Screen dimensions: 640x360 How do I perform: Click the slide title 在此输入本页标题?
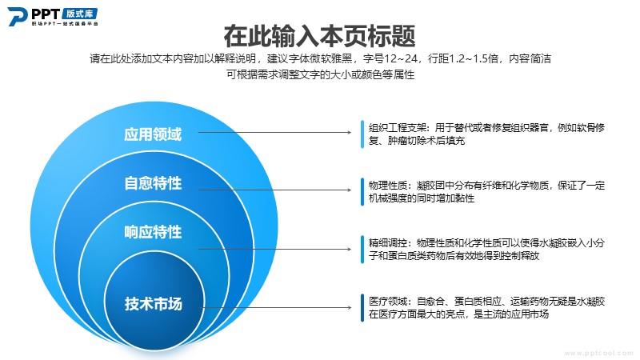click(x=319, y=36)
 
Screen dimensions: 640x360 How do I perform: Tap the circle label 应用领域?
click(x=153, y=134)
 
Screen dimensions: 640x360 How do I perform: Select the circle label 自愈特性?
click(x=153, y=183)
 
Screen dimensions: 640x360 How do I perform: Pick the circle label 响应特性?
click(x=153, y=232)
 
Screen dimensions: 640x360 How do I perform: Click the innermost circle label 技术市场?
click(x=153, y=304)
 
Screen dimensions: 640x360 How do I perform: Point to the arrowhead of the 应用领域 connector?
click(x=349, y=132)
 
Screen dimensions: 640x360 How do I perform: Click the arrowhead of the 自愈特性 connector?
click(x=349, y=190)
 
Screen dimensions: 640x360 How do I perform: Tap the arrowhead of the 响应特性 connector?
click(x=349, y=249)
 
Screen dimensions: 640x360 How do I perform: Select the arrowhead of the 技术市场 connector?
click(x=349, y=307)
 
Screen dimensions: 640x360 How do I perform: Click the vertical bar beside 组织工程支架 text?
click(x=362, y=134)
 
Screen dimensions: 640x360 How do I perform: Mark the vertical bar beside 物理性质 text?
click(x=362, y=191)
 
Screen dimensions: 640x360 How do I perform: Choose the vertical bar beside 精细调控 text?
click(x=362, y=249)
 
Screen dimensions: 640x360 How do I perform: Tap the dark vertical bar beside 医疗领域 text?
click(x=362, y=307)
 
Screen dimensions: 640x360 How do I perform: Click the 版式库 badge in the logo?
click(x=80, y=13)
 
